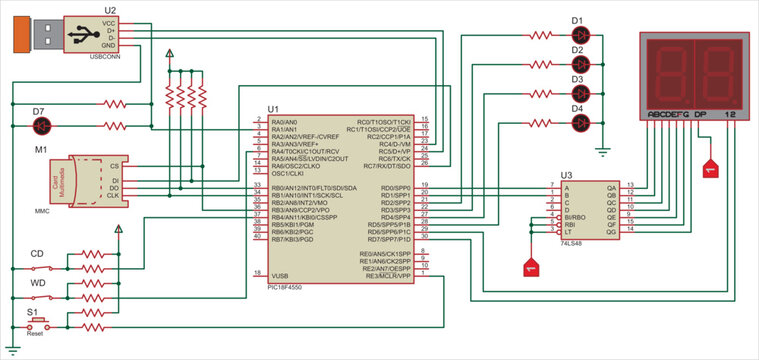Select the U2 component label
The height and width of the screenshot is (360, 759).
pyautogui.click(x=109, y=9)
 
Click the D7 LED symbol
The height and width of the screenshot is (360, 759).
pyautogui.click(x=43, y=125)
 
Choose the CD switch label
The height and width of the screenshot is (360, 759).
pyautogui.click(x=38, y=254)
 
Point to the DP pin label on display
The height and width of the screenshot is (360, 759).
pyautogui.click(x=701, y=115)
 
